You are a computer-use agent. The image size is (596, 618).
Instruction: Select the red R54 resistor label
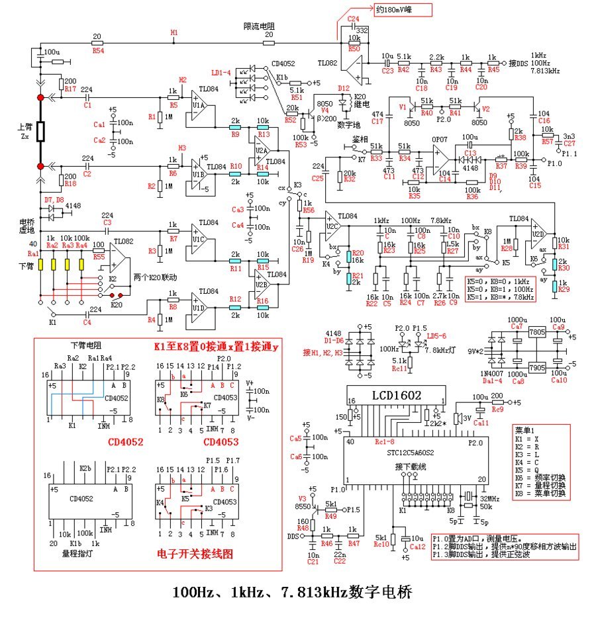tap(98, 50)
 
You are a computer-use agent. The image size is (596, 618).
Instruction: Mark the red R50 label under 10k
tap(354, 50)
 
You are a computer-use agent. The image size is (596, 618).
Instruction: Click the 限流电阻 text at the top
tap(260, 26)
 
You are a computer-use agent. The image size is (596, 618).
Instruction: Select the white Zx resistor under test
tap(40, 132)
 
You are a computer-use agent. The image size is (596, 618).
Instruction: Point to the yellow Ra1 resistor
tap(40, 265)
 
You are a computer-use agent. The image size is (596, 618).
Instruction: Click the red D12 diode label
tap(343, 87)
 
